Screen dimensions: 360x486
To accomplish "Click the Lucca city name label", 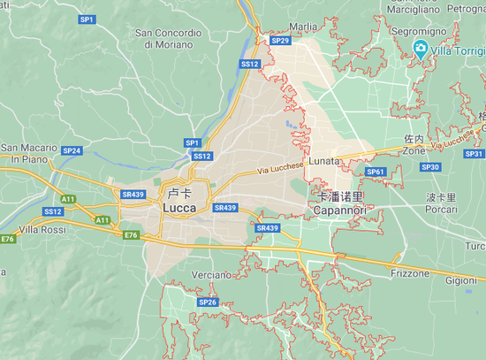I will pyautogui.click(x=180, y=207).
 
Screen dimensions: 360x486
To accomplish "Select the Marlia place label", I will pyautogui.click(x=302, y=27).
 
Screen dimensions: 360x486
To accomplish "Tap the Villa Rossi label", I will pyautogui.click(x=42, y=229).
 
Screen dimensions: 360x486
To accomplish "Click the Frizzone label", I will pyautogui.click(x=409, y=274).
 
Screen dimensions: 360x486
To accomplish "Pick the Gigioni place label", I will pyautogui.click(x=460, y=280).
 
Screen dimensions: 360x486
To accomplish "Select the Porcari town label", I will pyautogui.click(x=441, y=210).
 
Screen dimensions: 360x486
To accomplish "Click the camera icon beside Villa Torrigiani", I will pyautogui.click(x=421, y=50).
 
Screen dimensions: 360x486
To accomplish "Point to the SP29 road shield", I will pyautogui.click(x=280, y=41).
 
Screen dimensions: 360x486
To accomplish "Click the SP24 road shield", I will pyautogui.click(x=72, y=151).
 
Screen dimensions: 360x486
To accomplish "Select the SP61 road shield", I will pyautogui.click(x=376, y=172).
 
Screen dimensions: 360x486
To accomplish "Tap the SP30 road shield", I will pyautogui.click(x=430, y=167).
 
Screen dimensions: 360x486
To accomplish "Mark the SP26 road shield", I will pyautogui.click(x=208, y=303).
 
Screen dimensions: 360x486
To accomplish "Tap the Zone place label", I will pyautogui.click(x=414, y=151).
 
